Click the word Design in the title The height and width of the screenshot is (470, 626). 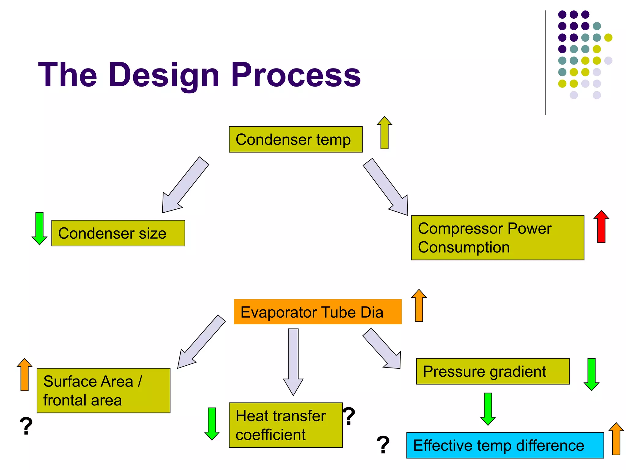pos(164,75)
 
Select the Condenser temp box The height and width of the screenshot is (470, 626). pos(296,140)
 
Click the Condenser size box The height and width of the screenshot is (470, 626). pos(118,233)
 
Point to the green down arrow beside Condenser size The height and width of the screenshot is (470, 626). pos(39,228)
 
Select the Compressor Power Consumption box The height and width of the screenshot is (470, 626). pos(497,238)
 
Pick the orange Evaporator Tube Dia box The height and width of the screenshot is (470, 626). pos(318,312)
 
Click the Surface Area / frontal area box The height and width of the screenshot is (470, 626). pos(103,390)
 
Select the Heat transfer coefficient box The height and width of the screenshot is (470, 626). pos(285,425)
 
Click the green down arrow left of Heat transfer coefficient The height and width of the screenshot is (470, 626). pos(212,423)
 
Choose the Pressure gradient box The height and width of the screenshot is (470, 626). pos(493,371)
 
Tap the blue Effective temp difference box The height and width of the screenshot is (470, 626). pos(505,445)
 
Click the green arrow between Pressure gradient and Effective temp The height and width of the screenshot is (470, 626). pos(488,409)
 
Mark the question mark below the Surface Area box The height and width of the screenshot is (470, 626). pos(26,426)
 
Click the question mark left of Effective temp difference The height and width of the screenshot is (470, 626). pos(383,445)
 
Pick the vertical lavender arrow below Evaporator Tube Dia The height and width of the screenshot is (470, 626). pos(293,361)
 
